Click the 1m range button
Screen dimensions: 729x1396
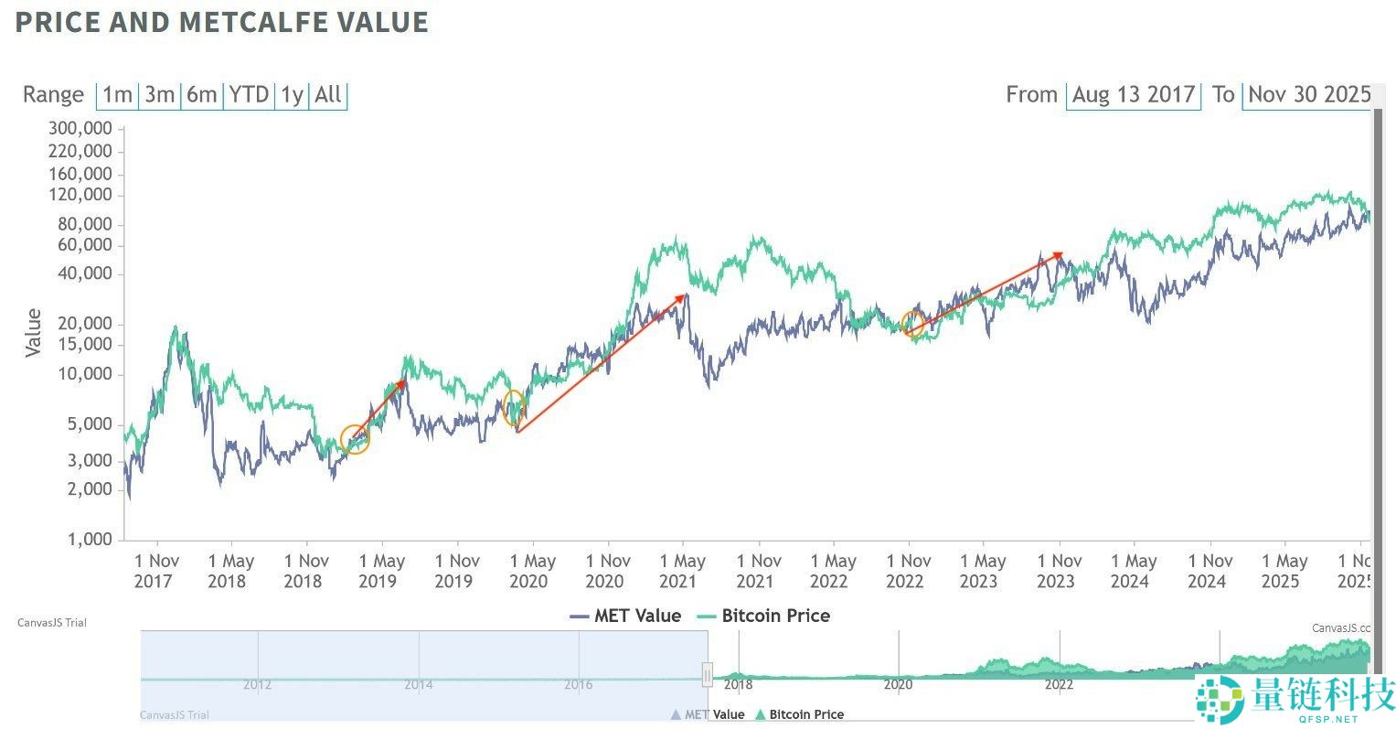(x=117, y=94)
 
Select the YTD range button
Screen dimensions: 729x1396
(x=249, y=94)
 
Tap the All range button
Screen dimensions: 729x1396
(x=328, y=94)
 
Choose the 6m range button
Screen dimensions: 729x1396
(x=202, y=94)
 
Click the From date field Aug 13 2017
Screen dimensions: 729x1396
(x=1133, y=94)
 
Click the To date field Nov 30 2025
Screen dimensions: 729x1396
(x=1308, y=94)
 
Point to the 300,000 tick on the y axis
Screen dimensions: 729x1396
(x=81, y=128)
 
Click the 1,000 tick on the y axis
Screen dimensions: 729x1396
(x=89, y=540)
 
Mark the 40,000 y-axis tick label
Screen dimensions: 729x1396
(x=85, y=274)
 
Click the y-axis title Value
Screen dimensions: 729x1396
(x=34, y=333)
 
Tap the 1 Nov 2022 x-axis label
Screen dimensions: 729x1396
(x=908, y=571)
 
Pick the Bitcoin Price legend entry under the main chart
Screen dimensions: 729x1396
(x=763, y=616)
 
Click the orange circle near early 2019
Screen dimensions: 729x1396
(x=355, y=440)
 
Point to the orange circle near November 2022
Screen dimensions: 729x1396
(x=912, y=323)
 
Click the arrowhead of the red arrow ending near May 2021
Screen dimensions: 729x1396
(x=681, y=296)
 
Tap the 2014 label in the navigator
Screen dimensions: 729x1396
(x=418, y=684)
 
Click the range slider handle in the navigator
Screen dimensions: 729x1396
(x=707, y=676)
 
